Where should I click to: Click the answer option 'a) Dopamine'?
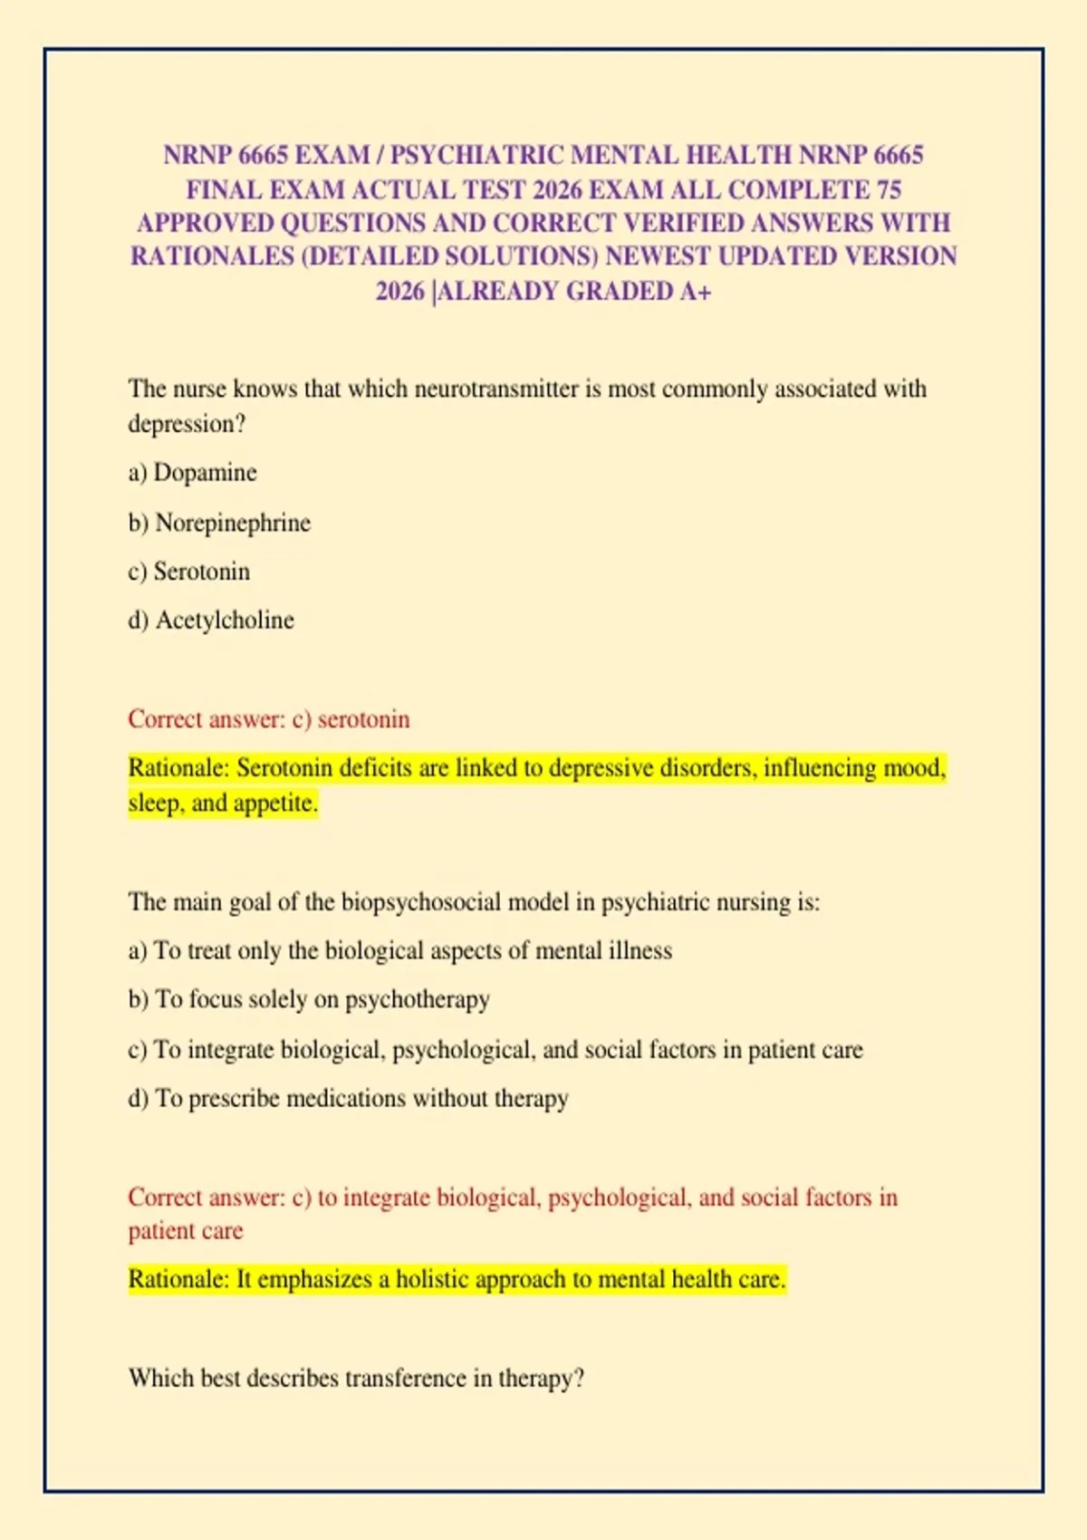tap(192, 473)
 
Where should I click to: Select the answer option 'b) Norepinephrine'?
tap(219, 523)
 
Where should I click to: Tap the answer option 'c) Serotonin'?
tap(188, 572)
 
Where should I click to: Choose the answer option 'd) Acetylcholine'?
tap(211, 621)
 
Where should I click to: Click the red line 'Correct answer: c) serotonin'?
tap(268, 719)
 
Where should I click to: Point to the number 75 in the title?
tap(889, 189)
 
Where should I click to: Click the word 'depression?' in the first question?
tap(187, 424)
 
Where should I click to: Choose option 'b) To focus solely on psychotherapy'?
tap(309, 999)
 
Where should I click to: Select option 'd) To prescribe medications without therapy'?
tap(348, 1098)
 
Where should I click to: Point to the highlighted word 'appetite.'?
tap(275, 804)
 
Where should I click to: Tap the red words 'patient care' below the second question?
tap(186, 1231)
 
